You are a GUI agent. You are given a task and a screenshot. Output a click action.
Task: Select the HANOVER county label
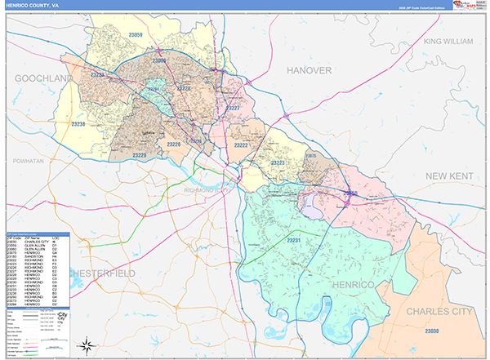[x=309, y=70]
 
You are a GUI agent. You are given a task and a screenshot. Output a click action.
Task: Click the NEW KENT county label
[x=455, y=176]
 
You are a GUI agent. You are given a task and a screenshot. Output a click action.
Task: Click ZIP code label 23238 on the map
[x=78, y=123]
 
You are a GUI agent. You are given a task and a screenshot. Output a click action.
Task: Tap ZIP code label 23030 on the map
[x=432, y=331]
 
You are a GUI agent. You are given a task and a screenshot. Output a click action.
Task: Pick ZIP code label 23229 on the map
[x=140, y=154]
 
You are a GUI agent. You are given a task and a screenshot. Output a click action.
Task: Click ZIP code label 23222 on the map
[x=241, y=144]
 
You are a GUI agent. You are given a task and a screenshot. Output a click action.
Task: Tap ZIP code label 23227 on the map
[x=233, y=108]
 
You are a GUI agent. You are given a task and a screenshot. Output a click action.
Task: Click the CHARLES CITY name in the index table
[x=35, y=242]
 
